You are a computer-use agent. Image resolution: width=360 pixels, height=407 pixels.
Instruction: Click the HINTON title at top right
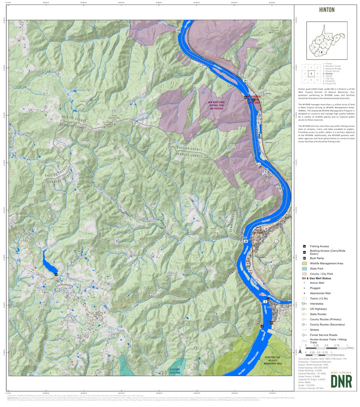(x=326, y=10)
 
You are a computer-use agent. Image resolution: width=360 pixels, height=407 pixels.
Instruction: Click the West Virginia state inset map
(x=326, y=40)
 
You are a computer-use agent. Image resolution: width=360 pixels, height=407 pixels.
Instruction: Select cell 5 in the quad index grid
(x=312, y=74)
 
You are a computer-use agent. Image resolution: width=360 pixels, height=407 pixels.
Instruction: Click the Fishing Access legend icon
(x=304, y=246)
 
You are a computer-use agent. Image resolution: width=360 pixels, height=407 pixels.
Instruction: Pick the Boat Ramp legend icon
(x=304, y=258)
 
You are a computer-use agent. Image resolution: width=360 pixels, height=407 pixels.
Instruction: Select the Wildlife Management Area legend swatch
(x=304, y=263)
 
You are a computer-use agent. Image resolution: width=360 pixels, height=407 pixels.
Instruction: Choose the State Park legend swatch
(x=304, y=269)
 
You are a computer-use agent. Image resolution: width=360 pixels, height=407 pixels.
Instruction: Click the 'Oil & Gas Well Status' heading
(x=316, y=278)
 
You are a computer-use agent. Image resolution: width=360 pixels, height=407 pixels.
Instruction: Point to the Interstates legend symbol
(x=304, y=304)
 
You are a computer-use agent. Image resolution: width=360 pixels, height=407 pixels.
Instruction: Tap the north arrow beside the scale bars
(x=300, y=350)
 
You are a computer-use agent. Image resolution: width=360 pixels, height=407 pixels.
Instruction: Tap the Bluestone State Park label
(x=174, y=371)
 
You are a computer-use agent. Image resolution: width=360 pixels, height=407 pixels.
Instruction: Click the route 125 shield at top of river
(x=178, y=30)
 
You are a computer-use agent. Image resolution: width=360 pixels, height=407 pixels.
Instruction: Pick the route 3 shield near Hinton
(x=265, y=302)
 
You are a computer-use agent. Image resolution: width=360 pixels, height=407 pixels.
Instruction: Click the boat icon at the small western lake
(x=56, y=274)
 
